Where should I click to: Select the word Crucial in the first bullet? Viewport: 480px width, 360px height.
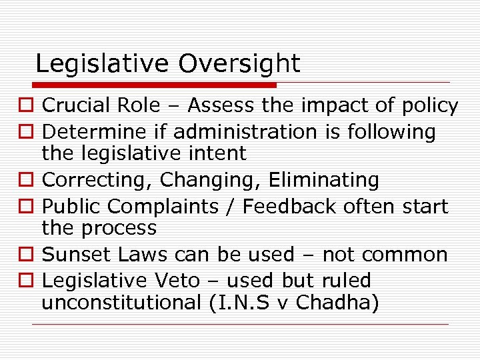click(83, 105)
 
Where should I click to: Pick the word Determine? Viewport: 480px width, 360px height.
click(92, 132)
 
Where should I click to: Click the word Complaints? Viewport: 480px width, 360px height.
click(165, 207)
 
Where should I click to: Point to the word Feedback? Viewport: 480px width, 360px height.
click(288, 207)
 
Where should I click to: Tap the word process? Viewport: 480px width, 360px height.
click(118, 228)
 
